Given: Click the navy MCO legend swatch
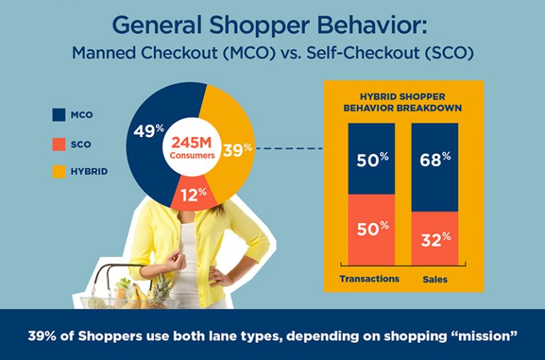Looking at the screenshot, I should [59, 114].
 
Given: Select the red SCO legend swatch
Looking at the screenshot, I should [59, 144].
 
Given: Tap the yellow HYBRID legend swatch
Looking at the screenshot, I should [59, 171].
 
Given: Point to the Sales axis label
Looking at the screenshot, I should [434, 279].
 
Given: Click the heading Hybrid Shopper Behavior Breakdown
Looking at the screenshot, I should [403, 102].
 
